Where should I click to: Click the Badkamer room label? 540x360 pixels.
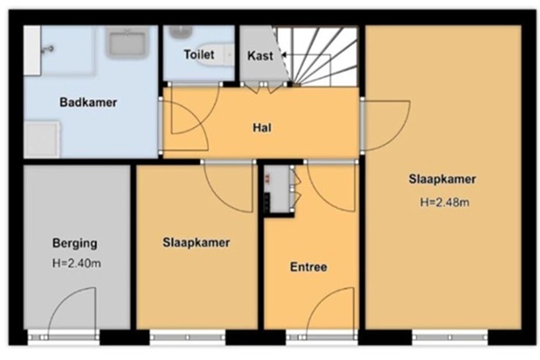[88, 103]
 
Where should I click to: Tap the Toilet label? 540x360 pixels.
[199, 54]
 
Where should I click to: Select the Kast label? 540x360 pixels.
[260, 56]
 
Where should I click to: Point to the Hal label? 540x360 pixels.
[262, 128]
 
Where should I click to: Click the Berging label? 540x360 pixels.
[75, 243]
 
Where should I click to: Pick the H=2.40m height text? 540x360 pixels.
[76, 264]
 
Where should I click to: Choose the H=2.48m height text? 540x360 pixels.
[445, 202]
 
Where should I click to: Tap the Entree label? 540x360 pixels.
[309, 267]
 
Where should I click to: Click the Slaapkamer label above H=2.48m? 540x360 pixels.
[443, 179]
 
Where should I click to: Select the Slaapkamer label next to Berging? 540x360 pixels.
[196, 242]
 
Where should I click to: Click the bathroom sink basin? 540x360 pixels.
[127, 42]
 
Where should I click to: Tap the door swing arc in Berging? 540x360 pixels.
[58, 301]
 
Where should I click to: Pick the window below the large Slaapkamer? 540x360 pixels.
[450, 337]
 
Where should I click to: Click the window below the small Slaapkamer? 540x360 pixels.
[188, 337]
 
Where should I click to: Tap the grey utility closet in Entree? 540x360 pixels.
[279, 189]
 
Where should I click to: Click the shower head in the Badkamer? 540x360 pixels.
[47, 49]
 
